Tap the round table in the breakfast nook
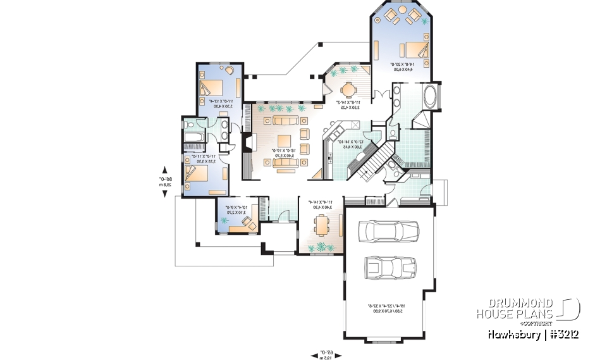(x=349, y=89)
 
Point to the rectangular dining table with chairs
(x=321, y=225)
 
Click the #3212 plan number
(x=563, y=334)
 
